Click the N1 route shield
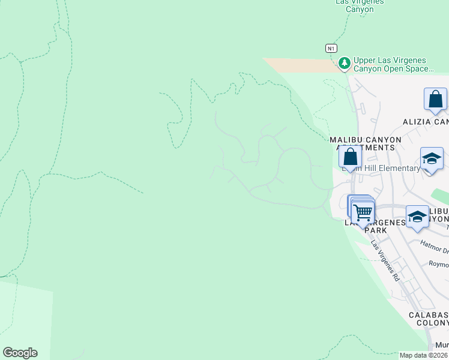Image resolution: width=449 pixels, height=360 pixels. coord(330,48)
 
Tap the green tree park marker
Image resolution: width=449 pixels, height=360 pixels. coord(344,62)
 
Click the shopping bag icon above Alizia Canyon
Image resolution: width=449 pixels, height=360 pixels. coord(435,100)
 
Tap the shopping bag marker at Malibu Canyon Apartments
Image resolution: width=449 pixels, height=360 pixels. coord(350,158)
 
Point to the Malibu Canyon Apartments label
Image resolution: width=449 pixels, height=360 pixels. coord(365,143)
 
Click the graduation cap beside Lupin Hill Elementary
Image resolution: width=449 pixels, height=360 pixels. coord(432,159)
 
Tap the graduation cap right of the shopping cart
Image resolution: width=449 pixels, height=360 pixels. coord(417,217)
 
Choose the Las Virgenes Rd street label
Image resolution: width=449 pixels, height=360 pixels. coord(385,261)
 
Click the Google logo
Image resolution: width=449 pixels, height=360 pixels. coord(20,353)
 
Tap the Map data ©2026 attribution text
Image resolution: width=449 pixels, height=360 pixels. coord(423,355)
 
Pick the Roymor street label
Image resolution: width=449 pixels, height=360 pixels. coord(439,264)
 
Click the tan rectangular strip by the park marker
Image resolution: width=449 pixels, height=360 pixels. coord(300,65)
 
